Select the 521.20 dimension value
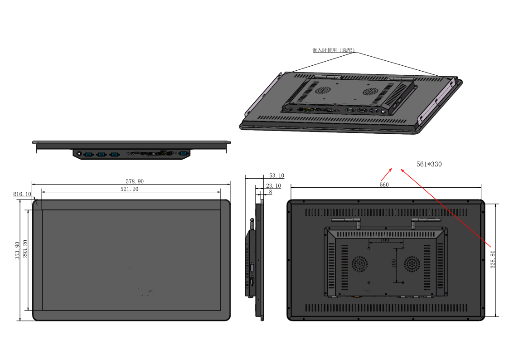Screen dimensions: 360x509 130,189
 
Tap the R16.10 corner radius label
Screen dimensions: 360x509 22,194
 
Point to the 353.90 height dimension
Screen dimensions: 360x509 18,250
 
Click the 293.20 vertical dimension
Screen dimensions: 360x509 26,249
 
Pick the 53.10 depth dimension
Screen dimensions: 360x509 276,175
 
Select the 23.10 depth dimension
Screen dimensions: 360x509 273,186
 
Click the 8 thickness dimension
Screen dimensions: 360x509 271,192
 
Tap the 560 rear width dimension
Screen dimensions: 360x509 384,185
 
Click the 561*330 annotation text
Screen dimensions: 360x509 429,164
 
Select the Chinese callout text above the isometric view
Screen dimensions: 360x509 334,50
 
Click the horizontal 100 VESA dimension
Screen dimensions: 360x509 385,240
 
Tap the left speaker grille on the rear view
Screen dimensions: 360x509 361,264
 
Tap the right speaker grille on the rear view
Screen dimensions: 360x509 412,264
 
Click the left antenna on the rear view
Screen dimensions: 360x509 347,221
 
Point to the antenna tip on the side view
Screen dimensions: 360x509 252,221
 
